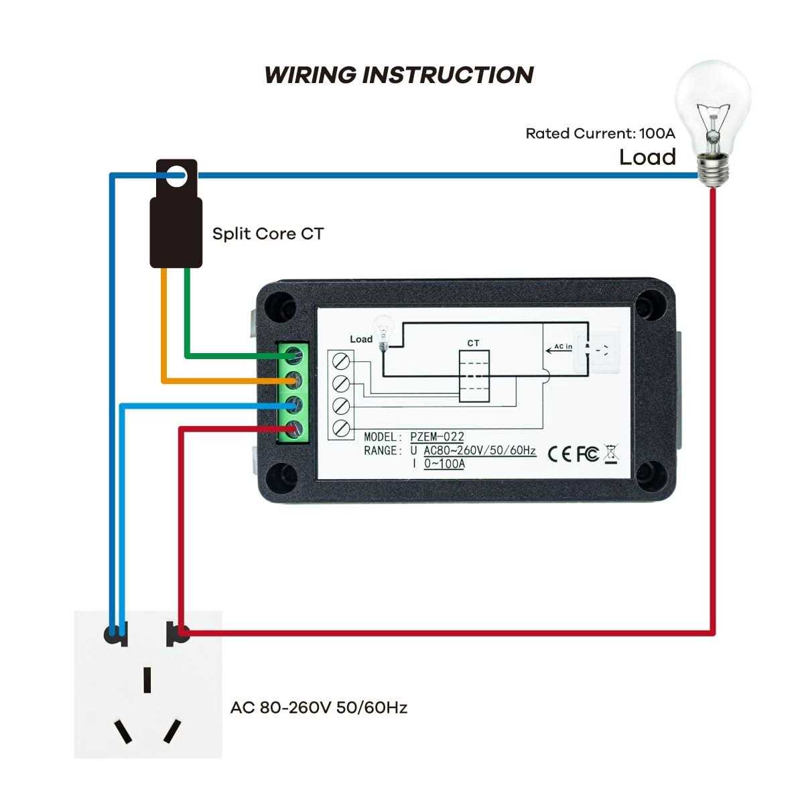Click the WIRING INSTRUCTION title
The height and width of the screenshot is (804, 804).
coord(399,74)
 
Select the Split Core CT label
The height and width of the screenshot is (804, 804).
coord(267,234)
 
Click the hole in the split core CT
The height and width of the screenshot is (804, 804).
coord(176,177)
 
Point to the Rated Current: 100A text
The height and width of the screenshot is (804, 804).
coord(600,133)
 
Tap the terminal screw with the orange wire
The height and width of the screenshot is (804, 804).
coord(292,381)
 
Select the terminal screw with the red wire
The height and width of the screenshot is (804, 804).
coord(292,429)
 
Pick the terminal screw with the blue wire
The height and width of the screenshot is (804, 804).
coord(292,405)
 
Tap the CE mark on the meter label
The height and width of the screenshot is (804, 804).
coord(559,454)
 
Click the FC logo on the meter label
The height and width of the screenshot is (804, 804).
coord(588,454)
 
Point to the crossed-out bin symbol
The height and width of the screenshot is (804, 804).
coord(611,454)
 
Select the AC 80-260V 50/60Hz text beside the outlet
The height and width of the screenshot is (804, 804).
coord(319,708)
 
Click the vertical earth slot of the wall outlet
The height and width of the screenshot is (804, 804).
coord(147,679)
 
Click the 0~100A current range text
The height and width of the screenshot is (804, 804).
coord(444,464)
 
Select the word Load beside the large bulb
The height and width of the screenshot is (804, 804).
coord(647,157)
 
